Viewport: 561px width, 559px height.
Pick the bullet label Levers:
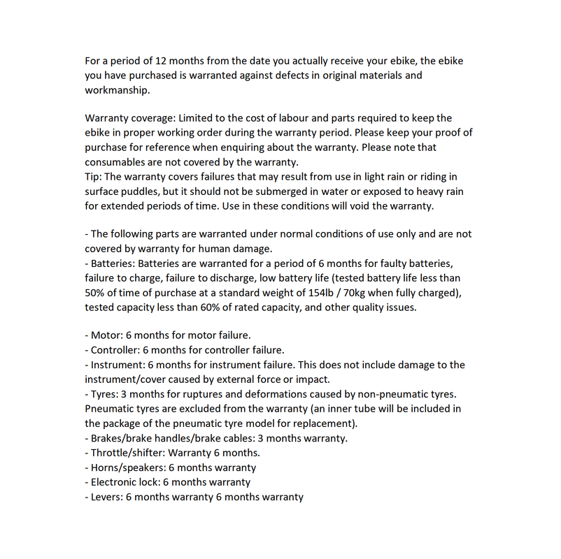(107, 497)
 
